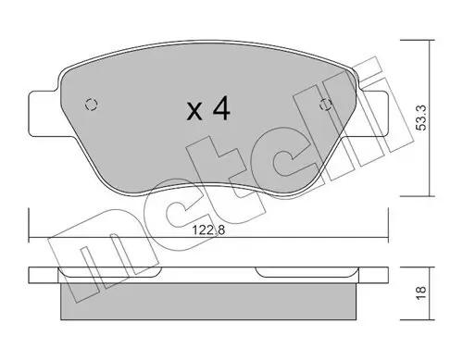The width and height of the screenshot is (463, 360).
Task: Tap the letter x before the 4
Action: click(194, 114)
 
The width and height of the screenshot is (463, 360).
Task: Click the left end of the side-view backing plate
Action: click(33, 275)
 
